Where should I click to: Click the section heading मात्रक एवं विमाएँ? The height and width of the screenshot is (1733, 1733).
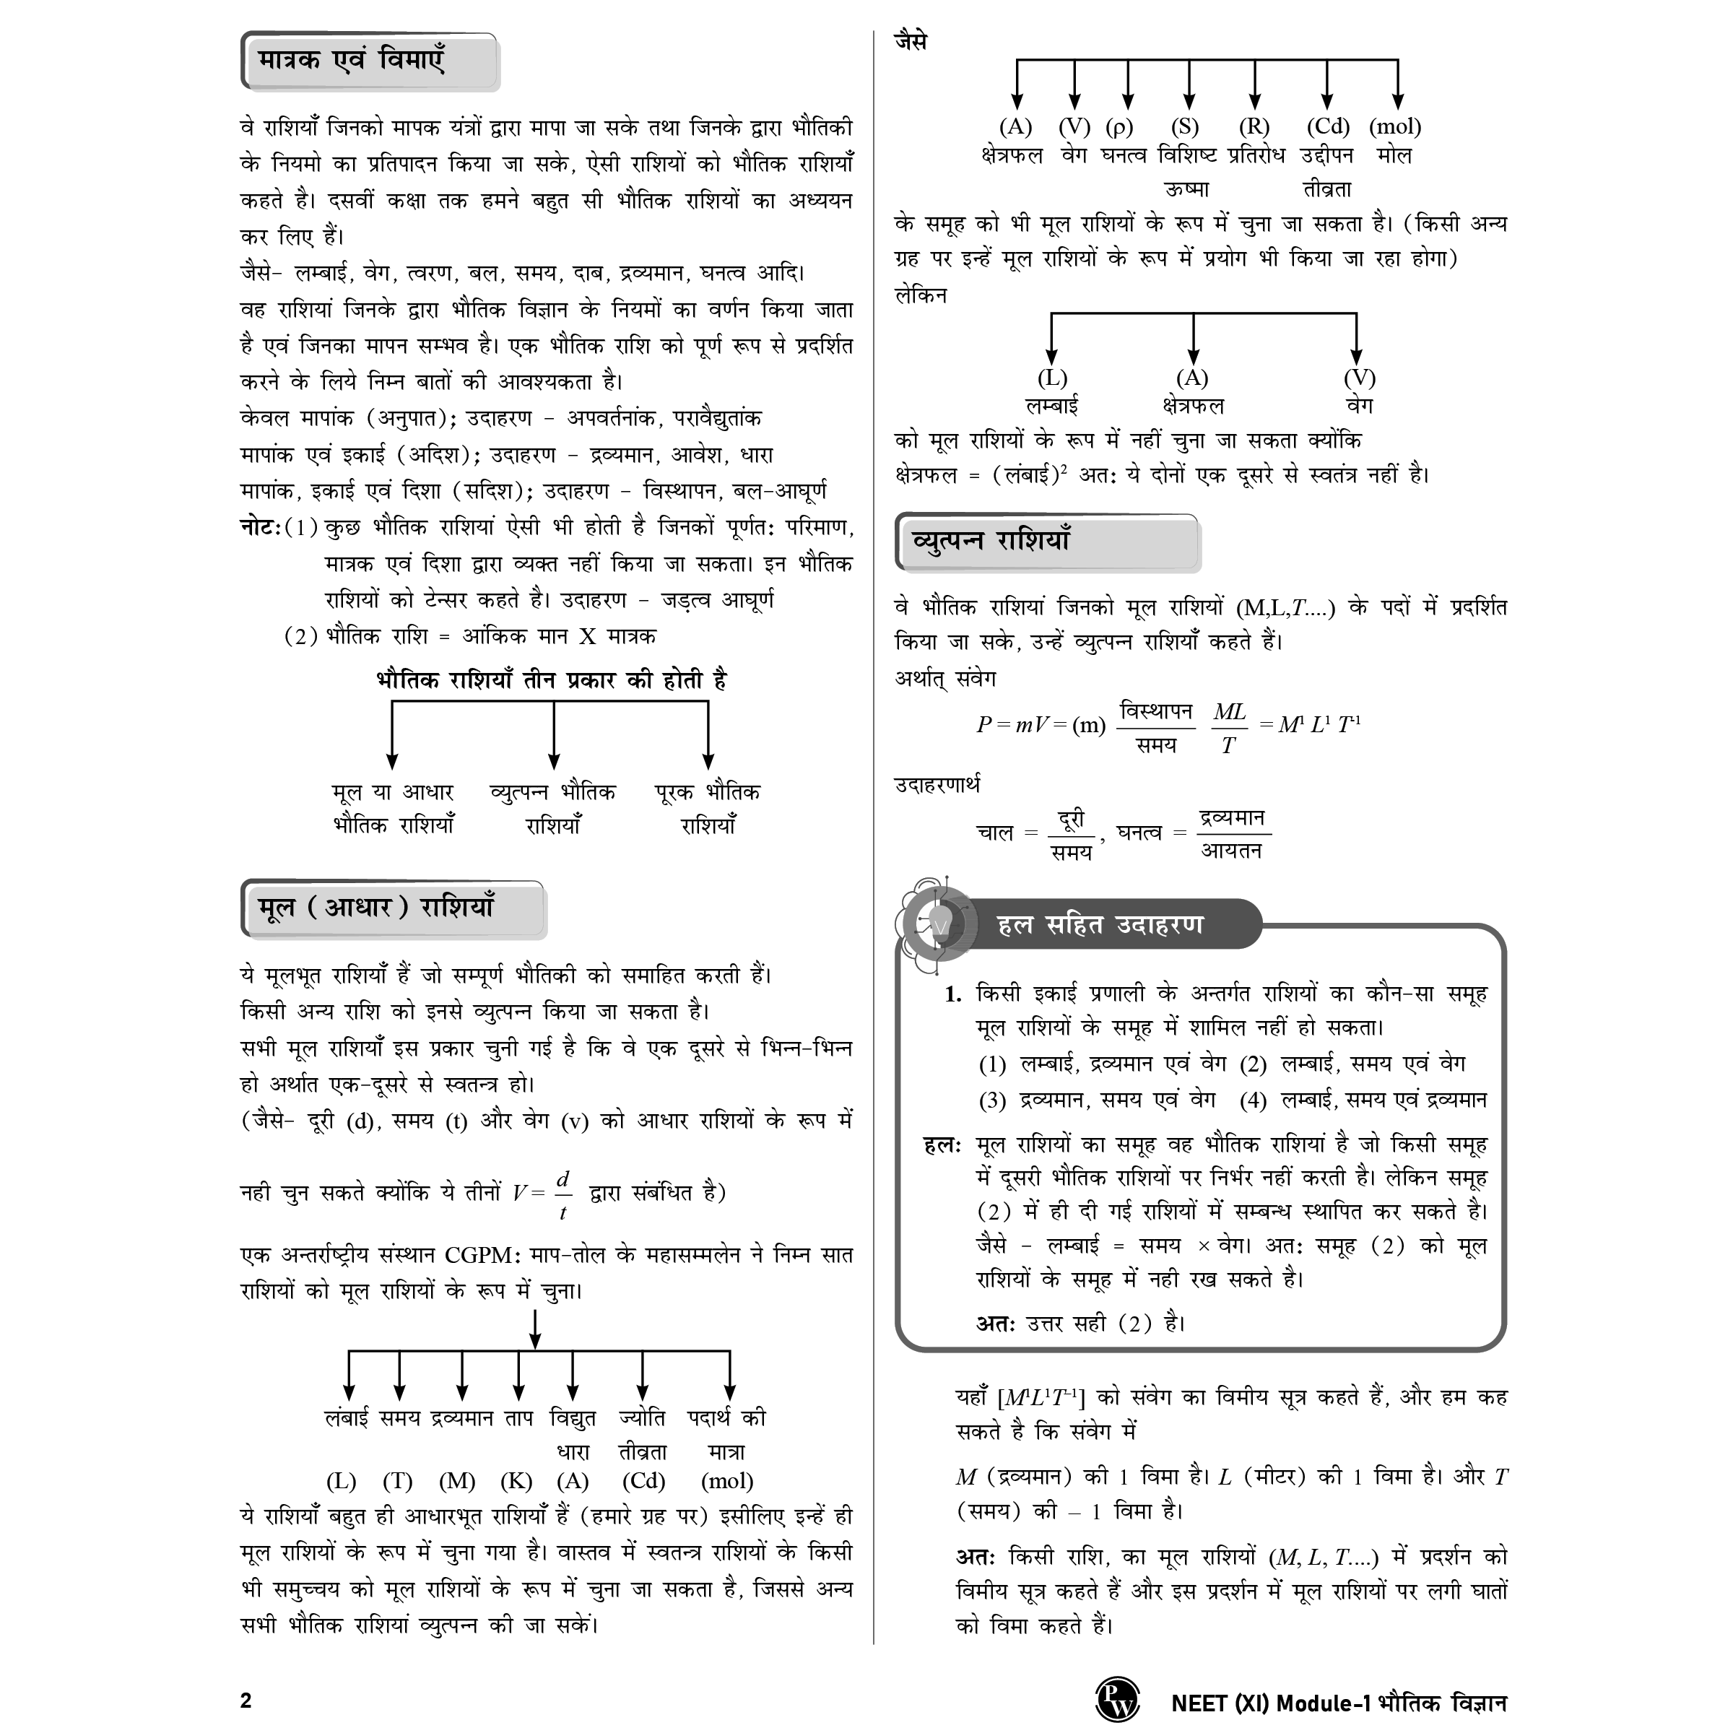click(352, 61)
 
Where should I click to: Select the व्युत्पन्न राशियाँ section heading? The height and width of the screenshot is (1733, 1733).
click(991, 541)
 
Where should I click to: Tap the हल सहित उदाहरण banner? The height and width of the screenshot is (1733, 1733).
click(1100, 925)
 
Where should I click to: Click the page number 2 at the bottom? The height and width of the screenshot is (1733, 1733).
click(246, 1701)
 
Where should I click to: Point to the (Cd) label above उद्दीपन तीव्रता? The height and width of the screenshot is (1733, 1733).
click(1328, 126)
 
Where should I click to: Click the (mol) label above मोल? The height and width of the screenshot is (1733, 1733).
click(1395, 126)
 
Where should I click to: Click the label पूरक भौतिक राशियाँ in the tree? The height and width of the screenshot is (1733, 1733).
click(708, 808)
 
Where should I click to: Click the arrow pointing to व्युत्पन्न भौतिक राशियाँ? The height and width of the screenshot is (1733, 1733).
click(553, 736)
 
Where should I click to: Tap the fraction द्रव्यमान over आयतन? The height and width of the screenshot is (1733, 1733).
click(1233, 833)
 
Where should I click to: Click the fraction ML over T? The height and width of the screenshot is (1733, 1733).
click(1229, 727)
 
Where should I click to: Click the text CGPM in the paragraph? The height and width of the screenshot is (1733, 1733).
click(479, 1255)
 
